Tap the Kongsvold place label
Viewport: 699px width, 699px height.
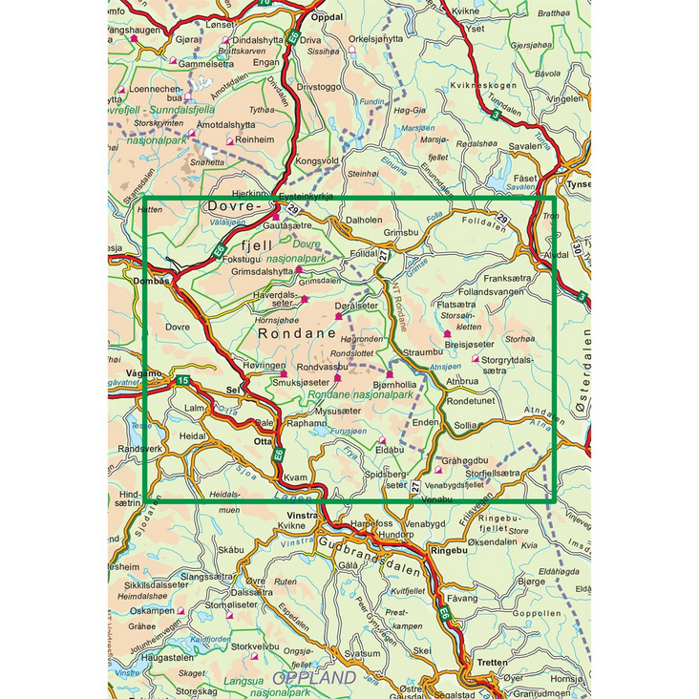pyautogui.click(x=319, y=160)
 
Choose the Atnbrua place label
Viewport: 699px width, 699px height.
pyautogui.click(x=462, y=380)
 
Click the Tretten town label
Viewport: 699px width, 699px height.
pyautogui.click(x=492, y=662)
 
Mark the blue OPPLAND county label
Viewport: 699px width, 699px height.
pyautogui.click(x=314, y=678)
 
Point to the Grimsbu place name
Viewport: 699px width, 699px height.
pyautogui.click(x=401, y=231)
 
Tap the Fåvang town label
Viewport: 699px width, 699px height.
pyautogui.click(x=462, y=598)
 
